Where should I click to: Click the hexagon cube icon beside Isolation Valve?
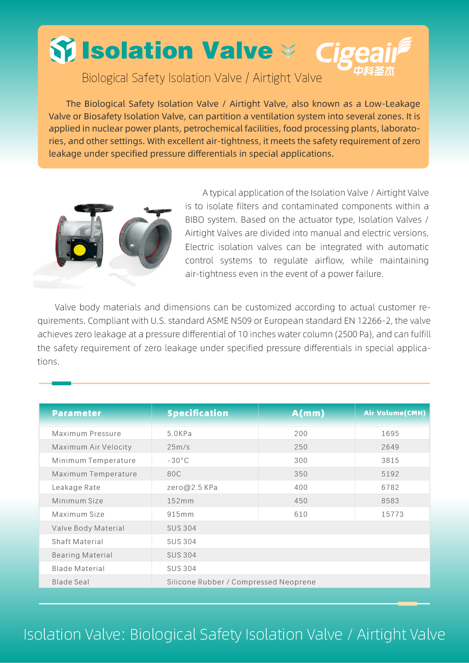63,50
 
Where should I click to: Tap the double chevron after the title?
288,51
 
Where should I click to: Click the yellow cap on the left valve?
80,249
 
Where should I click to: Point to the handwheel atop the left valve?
94,208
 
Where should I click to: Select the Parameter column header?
76,413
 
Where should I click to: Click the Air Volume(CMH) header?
394,413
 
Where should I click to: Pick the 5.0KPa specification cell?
179,433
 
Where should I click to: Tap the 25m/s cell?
178,447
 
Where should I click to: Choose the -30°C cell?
178,460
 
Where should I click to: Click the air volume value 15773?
392,514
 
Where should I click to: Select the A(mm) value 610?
301,514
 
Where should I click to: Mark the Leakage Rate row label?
76,487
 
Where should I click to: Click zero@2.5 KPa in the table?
192,487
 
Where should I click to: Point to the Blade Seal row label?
70,582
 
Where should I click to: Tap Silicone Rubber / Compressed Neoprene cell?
241,582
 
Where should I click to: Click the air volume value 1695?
390,433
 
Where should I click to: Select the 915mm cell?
180,514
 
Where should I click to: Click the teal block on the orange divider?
61,383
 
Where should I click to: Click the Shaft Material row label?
77,542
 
